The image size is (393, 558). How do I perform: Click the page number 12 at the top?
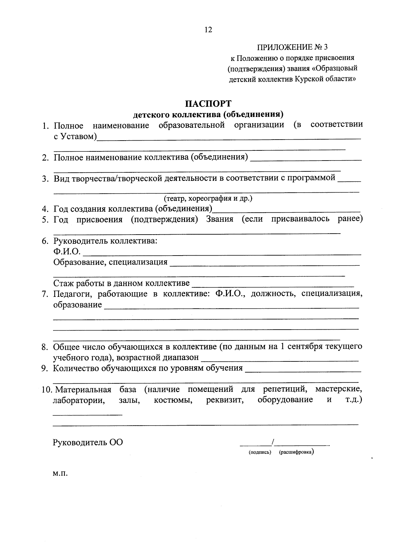coord(208,30)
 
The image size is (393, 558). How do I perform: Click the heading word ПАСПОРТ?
coord(208,104)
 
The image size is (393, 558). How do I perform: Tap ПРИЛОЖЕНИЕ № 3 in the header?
coord(292,47)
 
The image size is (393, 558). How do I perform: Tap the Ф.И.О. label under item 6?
coord(67,251)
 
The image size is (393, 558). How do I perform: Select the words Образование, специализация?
coord(110,262)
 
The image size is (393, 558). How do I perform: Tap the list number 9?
coord(45,368)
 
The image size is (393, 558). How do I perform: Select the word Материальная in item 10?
coord(83,390)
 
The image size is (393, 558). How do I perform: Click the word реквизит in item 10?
coord(225,400)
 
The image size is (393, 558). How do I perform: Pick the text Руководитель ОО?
coord(88,442)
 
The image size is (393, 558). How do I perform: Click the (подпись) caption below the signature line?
coord(260,452)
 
